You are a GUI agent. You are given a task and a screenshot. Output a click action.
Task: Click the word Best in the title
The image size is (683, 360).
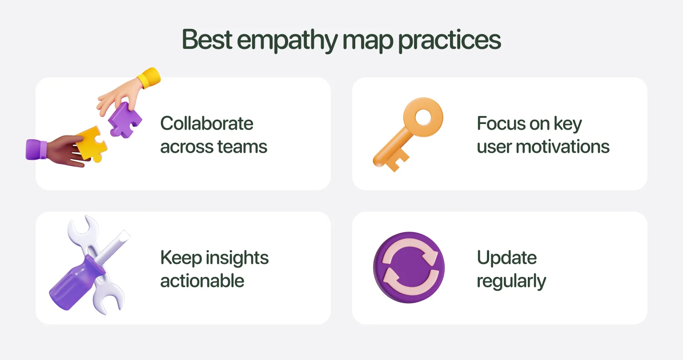(207, 40)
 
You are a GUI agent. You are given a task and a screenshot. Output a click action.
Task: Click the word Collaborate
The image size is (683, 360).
(207, 124)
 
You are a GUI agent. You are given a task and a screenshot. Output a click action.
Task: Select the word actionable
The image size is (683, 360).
(202, 281)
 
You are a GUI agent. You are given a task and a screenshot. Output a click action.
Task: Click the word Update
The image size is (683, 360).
(506, 258)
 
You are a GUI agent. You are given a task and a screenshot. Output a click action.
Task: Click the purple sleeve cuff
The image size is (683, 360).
(36, 149)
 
